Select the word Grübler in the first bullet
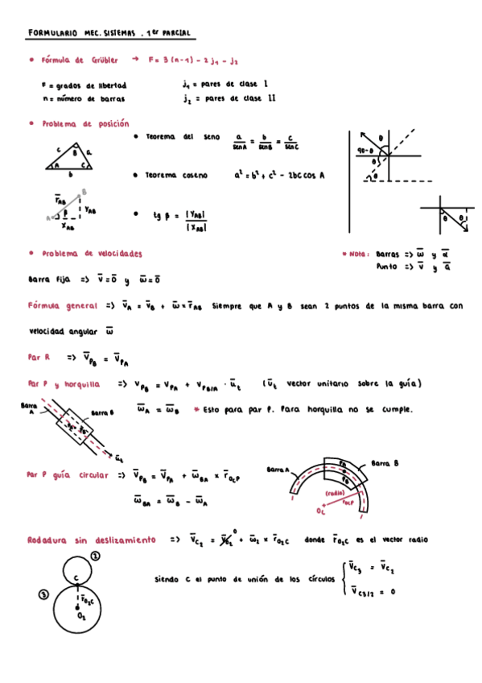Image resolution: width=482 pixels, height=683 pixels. [104, 60]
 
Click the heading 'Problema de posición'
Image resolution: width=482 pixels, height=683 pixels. [85, 124]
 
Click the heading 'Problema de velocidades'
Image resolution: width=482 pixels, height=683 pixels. [93, 253]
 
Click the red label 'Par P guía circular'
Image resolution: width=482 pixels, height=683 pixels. [68, 475]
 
